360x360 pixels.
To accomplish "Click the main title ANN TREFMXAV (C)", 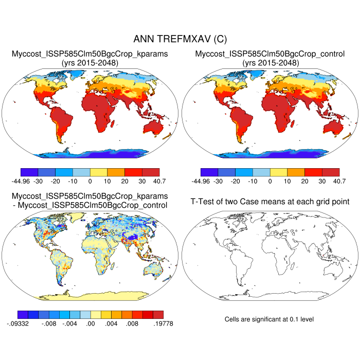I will [179, 39].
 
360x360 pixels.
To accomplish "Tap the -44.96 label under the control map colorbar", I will [198, 181].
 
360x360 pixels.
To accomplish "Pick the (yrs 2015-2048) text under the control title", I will [270, 63].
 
